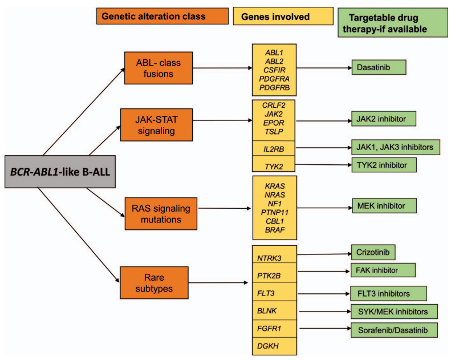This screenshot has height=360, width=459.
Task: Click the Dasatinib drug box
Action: coord(378,67)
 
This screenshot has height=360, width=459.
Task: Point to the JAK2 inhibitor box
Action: coord(383,119)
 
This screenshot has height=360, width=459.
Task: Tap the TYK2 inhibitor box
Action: coord(383,164)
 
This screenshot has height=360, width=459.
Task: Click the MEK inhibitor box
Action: coord(383,204)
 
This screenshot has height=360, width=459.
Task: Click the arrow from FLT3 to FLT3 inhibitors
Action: coord(323,294)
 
